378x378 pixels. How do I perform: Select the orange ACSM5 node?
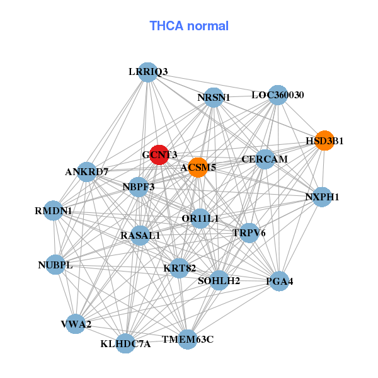click(198, 167)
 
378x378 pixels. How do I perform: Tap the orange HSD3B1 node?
click(324, 140)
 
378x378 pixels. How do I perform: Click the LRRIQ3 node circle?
click(147, 72)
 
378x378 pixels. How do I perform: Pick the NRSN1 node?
click(214, 97)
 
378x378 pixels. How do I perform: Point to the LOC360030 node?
click(277, 95)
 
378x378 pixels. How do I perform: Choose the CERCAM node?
click(265, 159)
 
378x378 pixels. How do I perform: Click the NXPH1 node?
click(322, 197)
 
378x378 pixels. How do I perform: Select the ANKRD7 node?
click(87, 171)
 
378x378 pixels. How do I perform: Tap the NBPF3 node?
click(139, 186)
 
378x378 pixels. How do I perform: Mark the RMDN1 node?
click(53, 210)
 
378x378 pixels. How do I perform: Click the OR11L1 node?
click(200, 219)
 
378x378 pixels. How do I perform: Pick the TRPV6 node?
click(249, 232)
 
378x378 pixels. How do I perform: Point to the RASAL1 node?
click(140, 235)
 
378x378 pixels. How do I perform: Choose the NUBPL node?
click(55, 265)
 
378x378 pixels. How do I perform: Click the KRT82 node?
click(180, 268)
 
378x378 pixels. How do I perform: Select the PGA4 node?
click(280, 280)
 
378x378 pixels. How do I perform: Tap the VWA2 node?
click(76, 324)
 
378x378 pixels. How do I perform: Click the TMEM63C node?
click(188, 339)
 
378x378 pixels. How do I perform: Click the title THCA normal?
click(189, 26)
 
